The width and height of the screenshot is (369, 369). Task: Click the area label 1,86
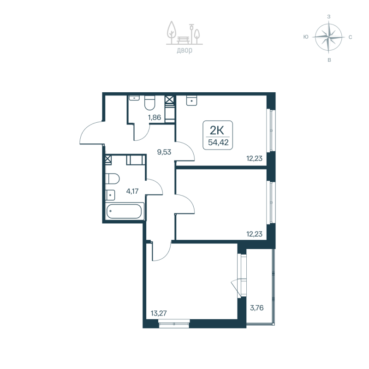(154, 118)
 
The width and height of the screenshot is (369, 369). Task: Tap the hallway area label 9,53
(164, 151)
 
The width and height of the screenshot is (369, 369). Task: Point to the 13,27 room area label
(158, 313)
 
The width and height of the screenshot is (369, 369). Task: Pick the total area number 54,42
(218, 142)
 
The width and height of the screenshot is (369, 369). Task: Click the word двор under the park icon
(184, 50)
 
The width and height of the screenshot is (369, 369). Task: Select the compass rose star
(328, 37)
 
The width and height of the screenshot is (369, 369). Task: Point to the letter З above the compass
(328, 16)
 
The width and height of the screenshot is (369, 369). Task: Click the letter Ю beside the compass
(306, 37)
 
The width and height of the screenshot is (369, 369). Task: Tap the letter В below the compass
(328, 60)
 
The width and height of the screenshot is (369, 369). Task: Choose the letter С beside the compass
(351, 37)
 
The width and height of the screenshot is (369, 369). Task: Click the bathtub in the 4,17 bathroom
(125, 213)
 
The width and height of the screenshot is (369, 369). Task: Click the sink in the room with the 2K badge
(191, 100)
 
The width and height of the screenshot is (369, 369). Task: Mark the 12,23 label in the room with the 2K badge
(255, 159)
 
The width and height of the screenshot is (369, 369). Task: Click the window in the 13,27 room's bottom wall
(174, 324)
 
